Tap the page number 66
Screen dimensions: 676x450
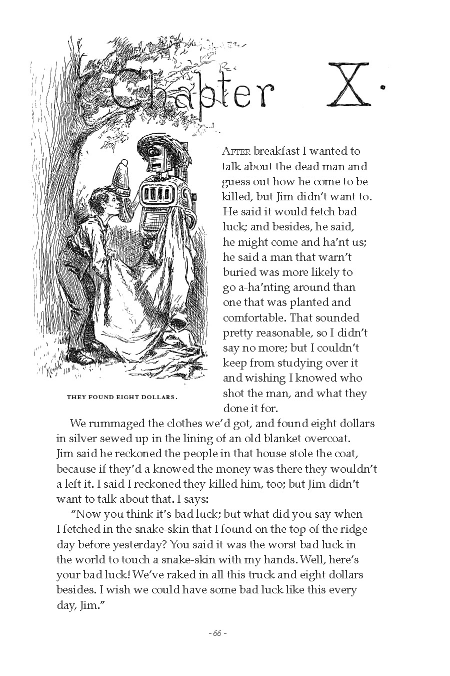[217, 633]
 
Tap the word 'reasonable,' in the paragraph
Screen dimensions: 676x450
[293, 332]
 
